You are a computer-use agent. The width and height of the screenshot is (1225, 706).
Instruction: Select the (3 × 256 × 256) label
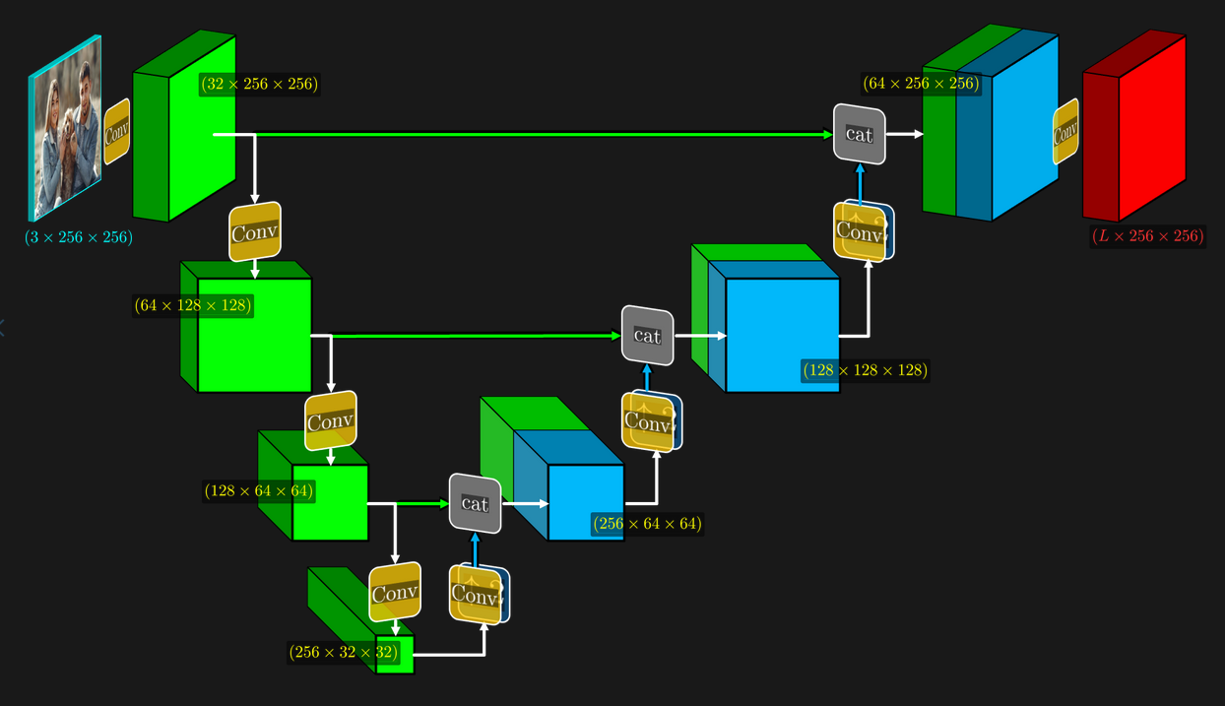pos(79,237)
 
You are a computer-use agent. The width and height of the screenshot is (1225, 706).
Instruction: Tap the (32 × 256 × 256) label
pos(259,84)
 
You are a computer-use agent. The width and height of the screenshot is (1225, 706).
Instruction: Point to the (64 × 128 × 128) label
pos(193,306)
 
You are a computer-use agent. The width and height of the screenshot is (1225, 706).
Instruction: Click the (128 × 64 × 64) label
pos(259,490)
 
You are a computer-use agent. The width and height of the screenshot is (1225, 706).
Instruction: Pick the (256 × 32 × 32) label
pos(344,652)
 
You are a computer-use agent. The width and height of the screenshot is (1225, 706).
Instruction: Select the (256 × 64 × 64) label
pos(647,524)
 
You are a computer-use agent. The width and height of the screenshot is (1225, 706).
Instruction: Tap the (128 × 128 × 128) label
pos(866,370)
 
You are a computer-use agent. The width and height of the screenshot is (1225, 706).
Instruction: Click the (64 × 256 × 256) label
pos(921,84)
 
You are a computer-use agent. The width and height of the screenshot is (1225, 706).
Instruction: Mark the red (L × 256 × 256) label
pos(1148,236)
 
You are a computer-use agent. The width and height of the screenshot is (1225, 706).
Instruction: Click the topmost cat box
pos(860,134)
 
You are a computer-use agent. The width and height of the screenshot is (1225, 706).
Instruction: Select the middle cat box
pos(647,336)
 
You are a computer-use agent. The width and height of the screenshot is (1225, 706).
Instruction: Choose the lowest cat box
pos(475,503)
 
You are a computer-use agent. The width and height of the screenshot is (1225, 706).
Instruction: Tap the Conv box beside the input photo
pos(117,131)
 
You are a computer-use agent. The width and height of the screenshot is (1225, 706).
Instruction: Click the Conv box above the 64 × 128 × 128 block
pos(255,233)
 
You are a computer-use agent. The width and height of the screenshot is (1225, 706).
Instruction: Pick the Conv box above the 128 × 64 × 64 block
pos(330,421)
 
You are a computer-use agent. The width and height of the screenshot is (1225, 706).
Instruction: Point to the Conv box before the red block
pos(1065,131)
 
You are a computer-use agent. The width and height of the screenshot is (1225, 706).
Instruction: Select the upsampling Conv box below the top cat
pos(862,232)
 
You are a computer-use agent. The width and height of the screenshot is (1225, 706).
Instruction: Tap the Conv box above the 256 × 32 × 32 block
pos(395,593)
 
